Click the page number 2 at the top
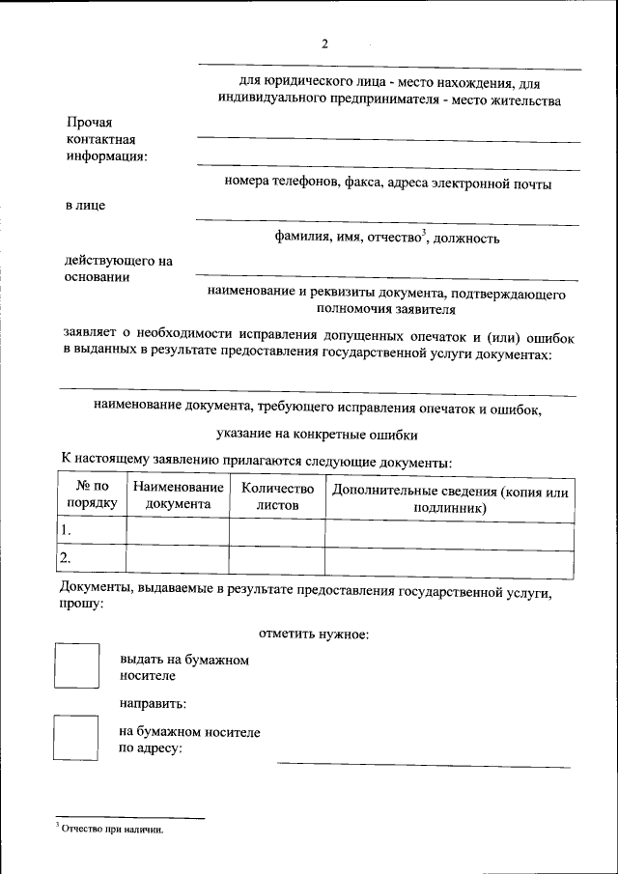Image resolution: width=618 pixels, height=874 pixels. (x=325, y=43)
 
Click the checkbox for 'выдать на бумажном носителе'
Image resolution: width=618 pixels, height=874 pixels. (x=76, y=666)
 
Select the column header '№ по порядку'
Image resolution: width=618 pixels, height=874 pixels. (x=92, y=495)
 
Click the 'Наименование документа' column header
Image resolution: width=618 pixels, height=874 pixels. (x=178, y=495)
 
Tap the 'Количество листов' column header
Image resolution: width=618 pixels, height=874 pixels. (x=277, y=495)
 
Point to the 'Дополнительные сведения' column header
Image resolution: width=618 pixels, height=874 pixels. (x=449, y=497)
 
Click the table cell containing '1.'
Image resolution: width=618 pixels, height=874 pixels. (x=92, y=531)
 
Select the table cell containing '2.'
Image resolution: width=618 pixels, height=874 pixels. (x=92, y=558)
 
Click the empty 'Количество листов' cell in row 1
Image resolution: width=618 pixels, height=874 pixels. (x=277, y=531)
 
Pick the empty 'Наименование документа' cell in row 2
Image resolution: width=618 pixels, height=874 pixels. (x=178, y=558)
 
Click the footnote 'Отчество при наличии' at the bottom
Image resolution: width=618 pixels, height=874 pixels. (x=112, y=829)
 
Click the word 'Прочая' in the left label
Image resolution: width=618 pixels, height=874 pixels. (x=90, y=123)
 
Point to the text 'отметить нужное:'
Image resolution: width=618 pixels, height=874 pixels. (x=315, y=634)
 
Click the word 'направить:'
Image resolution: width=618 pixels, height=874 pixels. (x=154, y=703)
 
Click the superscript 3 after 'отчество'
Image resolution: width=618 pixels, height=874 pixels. (x=423, y=232)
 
